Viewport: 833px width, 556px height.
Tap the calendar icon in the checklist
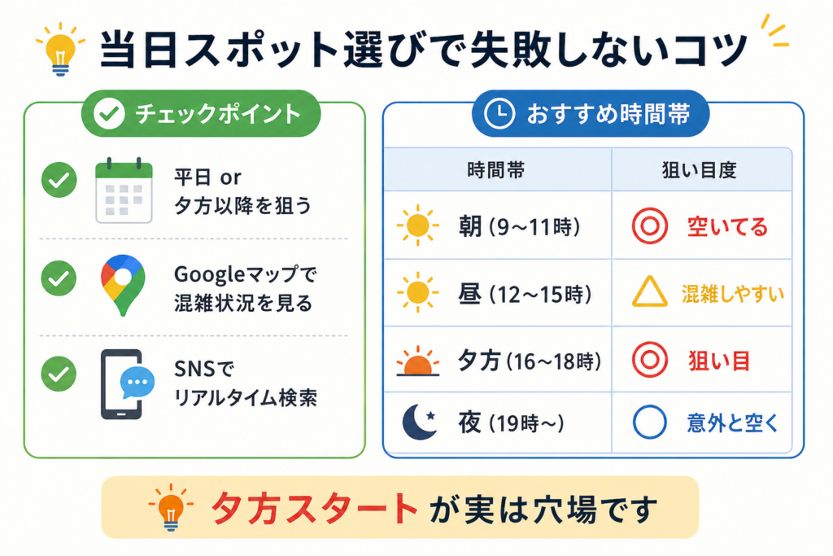pyautogui.click(x=124, y=190)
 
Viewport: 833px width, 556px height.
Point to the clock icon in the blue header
pyautogui.click(x=499, y=113)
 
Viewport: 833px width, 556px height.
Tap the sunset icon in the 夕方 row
pyautogui.click(x=417, y=361)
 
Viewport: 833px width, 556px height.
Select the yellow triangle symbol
pyautogui.click(x=649, y=291)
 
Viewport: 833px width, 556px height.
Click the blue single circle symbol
pyautogui.click(x=649, y=422)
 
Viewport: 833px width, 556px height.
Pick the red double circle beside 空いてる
pyautogui.click(x=649, y=226)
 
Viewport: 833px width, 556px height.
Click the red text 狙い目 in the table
pyautogui.click(x=719, y=361)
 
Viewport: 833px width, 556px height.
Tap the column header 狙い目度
pyautogui.click(x=699, y=170)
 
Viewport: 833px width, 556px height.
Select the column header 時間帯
pyautogui.click(x=495, y=170)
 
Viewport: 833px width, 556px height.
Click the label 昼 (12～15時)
pyautogui.click(x=525, y=293)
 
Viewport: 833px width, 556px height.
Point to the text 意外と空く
pyautogui.click(x=733, y=423)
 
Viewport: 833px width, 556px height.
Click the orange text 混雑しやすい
pyautogui.click(x=733, y=293)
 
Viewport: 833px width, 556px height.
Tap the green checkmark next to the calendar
pyautogui.click(x=59, y=180)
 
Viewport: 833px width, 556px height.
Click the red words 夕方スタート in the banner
pyautogui.click(x=314, y=508)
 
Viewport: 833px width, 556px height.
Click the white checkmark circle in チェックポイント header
pyautogui.click(x=109, y=113)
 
